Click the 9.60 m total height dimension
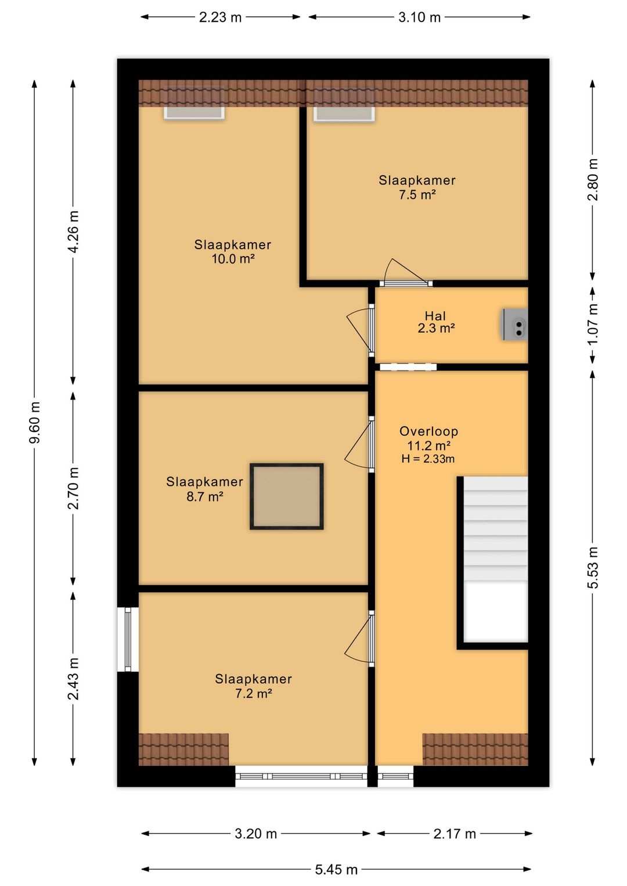(35, 423)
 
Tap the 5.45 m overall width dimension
(336, 869)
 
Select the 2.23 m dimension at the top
(220, 17)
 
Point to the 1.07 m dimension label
(593, 325)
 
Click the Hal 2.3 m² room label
(436, 322)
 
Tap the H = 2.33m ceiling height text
(428, 459)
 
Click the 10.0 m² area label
(233, 259)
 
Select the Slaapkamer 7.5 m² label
(417, 187)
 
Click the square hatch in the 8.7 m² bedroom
(287, 496)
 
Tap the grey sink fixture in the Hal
(514, 325)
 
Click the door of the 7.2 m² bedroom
(359, 638)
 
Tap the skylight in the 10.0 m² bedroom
(194, 102)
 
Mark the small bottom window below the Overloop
(395, 776)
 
